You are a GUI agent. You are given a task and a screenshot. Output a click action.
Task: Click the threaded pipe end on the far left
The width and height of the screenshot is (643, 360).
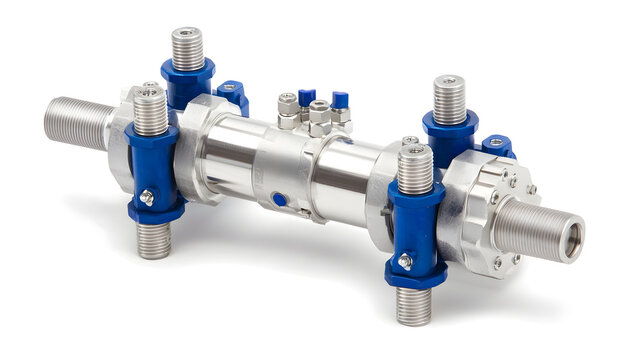pos(75,122)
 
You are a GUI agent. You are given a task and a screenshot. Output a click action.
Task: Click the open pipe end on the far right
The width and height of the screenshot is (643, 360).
pos(571,240)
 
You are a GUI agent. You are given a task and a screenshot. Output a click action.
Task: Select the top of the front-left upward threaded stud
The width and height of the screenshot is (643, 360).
pos(150,93)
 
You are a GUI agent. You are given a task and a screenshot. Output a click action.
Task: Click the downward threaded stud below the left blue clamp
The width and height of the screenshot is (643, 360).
pos(153,241)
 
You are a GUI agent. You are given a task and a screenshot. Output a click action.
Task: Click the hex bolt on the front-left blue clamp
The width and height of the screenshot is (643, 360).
pos(147,198)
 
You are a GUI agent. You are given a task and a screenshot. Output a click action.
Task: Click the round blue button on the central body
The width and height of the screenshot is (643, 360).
pos(280,199)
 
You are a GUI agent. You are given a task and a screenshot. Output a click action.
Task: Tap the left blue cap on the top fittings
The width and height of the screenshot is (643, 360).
pos(306,97)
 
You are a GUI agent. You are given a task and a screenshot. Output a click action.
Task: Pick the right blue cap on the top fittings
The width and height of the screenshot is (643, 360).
pos(339,100)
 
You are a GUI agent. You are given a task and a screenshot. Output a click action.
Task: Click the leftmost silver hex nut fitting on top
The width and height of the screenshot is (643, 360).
pos(288,105)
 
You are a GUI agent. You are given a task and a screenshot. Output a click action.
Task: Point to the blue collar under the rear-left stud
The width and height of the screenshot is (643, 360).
pos(188,81)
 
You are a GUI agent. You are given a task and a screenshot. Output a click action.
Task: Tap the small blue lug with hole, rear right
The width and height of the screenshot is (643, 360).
pos(497,146)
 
